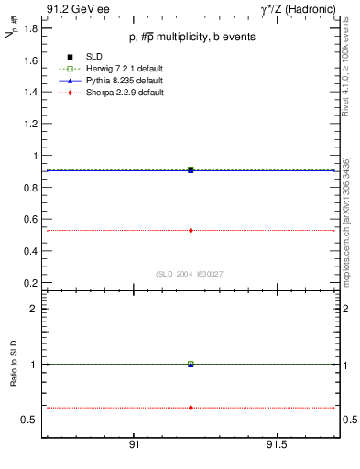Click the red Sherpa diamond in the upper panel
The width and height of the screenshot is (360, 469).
[191, 230]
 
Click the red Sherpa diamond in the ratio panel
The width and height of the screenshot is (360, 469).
[191, 407]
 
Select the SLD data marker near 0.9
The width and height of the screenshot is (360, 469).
[191, 169]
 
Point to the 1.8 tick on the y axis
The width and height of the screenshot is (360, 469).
[31, 28]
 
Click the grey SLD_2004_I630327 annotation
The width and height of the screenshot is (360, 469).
[191, 274]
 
